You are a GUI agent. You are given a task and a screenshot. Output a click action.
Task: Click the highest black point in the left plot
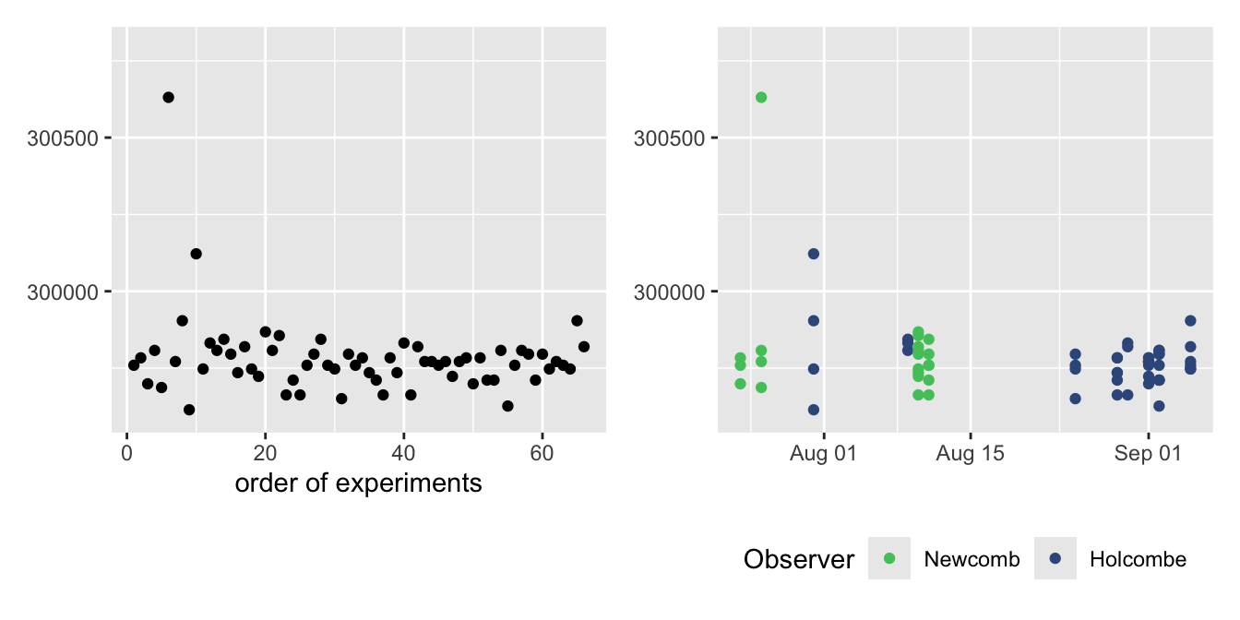(x=168, y=97)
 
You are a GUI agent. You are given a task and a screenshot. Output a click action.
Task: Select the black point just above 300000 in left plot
(x=196, y=254)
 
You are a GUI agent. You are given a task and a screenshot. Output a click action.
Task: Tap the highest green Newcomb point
(x=761, y=97)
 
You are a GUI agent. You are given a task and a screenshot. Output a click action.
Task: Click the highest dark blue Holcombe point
(x=814, y=254)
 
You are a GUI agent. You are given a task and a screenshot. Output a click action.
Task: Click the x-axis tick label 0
(x=126, y=453)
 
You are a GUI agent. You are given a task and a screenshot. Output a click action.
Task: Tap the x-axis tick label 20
(x=265, y=453)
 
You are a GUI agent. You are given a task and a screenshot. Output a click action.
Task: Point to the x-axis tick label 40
(x=403, y=453)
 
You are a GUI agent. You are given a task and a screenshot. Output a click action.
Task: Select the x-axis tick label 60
(x=542, y=453)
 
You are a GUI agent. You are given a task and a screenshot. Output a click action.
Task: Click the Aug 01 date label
(x=824, y=453)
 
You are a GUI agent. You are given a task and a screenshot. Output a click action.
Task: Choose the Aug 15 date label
(x=971, y=453)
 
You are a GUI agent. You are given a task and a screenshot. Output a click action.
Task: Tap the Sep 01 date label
(x=1148, y=453)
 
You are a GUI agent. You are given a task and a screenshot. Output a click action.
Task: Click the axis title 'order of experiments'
(x=358, y=483)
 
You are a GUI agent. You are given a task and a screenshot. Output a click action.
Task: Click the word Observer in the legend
(x=799, y=559)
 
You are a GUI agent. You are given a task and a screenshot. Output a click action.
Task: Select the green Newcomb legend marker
(x=889, y=559)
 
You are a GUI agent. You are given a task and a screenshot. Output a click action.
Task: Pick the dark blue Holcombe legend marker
(x=1055, y=559)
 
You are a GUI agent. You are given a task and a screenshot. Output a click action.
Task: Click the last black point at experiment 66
(x=583, y=347)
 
